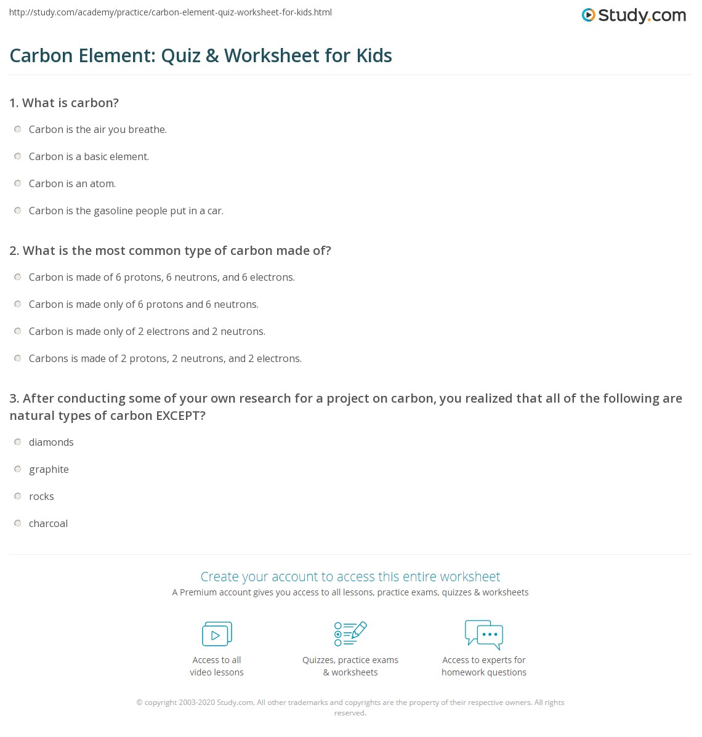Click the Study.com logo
tap(634, 15)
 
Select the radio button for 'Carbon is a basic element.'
tap(18, 156)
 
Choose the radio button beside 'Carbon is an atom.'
tap(18, 183)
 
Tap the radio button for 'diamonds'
tap(18, 442)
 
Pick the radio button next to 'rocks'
tap(18, 496)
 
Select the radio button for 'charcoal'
tap(18, 523)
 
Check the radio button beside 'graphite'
tap(18, 469)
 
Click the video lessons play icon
tap(217, 634)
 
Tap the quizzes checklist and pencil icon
tap(350, 634)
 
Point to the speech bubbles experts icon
tap(484, 634)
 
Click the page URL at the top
tap(171, 12)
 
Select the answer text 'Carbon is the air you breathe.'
tap(98, 129)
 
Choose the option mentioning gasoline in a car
tap(126, 211)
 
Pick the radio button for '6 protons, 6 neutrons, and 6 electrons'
tap(18, 277)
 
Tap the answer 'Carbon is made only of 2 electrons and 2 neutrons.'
tap(147, 331)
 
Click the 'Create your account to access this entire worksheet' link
tap(350, 576)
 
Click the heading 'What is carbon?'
tap(70, 103)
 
